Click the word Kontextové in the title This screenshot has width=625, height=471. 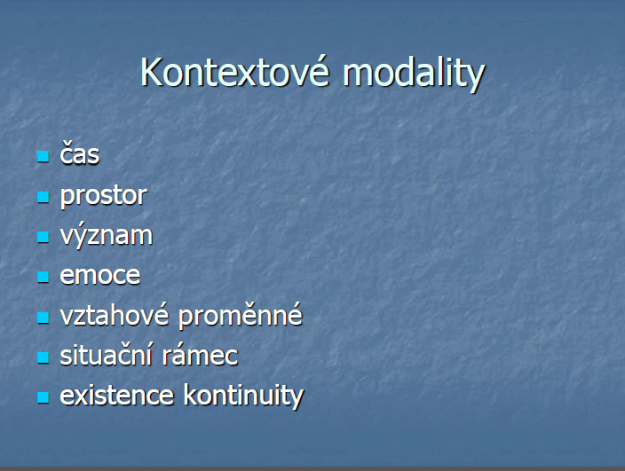click(235, 72)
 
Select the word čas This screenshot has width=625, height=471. click(79, 153)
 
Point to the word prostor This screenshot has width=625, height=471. click(104, 196)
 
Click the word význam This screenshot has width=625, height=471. click(107, 235)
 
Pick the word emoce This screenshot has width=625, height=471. click(100, 275)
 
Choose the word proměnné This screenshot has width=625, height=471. click(241, 316)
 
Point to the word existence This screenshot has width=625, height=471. click(117, 396)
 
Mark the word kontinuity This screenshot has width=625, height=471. click(243, 396)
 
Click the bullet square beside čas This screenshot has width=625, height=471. click(43, 156)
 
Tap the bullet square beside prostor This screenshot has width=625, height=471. click(43, 197)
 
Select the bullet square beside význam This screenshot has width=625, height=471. click(43, 237)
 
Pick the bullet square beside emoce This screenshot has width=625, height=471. click(43, 277)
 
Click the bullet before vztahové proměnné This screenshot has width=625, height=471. click(43, 318)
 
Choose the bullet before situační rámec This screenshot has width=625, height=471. click(43, 357)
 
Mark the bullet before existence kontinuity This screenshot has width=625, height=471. click(43, 397)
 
